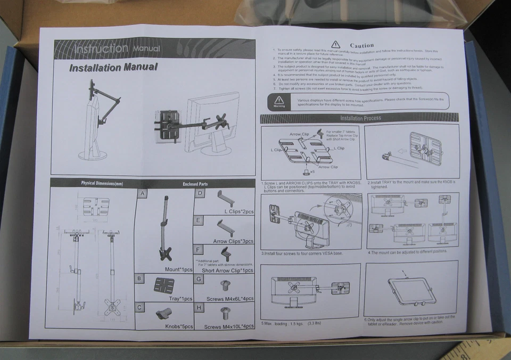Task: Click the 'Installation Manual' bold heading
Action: click(113, 68)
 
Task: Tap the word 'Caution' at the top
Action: click(361, 45)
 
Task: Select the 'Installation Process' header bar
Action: click(360, 118)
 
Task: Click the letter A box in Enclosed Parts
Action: click(142, 194)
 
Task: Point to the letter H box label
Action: click(199, 307)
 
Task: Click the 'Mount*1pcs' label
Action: click(178, 269)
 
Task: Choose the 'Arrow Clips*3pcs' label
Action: click(233, 241)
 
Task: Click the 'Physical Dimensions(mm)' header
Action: click(102, 183)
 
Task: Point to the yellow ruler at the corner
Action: click(479, 350)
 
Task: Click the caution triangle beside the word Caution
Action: click(335, 45)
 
